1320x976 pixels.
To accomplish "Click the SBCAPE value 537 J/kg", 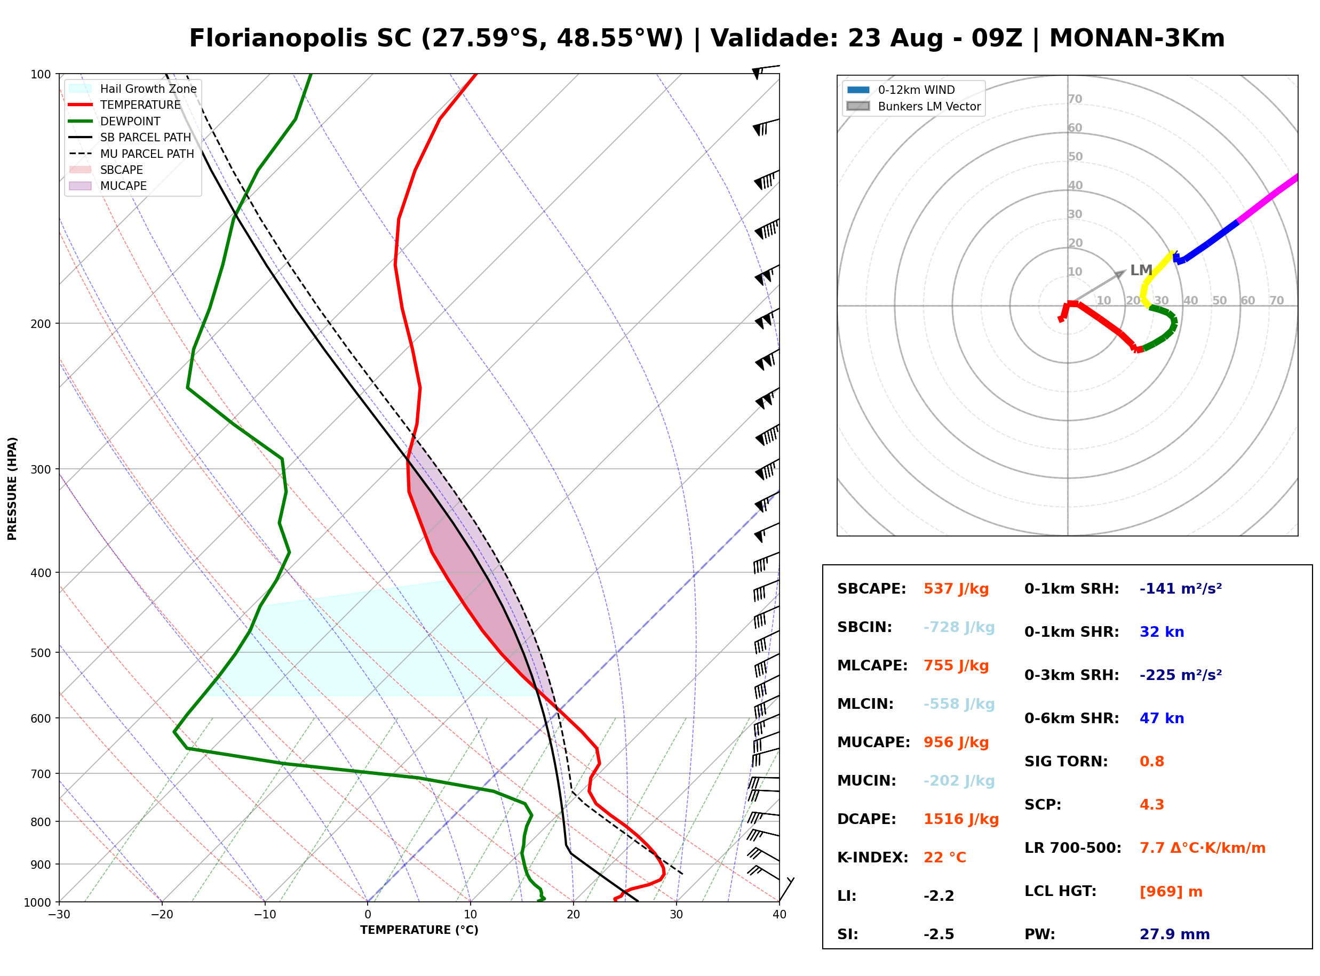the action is tap(956, 589).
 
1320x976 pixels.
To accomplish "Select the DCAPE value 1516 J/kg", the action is tap(961, 819).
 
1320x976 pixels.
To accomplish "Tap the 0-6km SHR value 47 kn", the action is tap(1162, 718).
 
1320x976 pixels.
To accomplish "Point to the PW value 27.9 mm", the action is tap(1175, 934).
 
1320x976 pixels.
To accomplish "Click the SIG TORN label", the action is tap(1066, 762).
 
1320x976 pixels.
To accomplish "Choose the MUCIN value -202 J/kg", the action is tap(959, 781).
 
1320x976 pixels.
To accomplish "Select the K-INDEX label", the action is tap(873, 858).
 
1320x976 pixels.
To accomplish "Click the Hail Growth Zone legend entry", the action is tap(133, 89).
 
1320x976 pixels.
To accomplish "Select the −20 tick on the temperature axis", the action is tap(161, 915).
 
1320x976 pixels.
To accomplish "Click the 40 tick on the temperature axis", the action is tap(780, 915).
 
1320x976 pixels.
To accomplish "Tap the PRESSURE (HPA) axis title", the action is tap(12, 489).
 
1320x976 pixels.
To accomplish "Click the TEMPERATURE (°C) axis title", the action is tap(419, 930).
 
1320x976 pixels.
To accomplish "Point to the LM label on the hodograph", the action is tap(1141, 270).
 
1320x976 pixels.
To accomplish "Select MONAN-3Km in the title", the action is tap(1137, 38).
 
